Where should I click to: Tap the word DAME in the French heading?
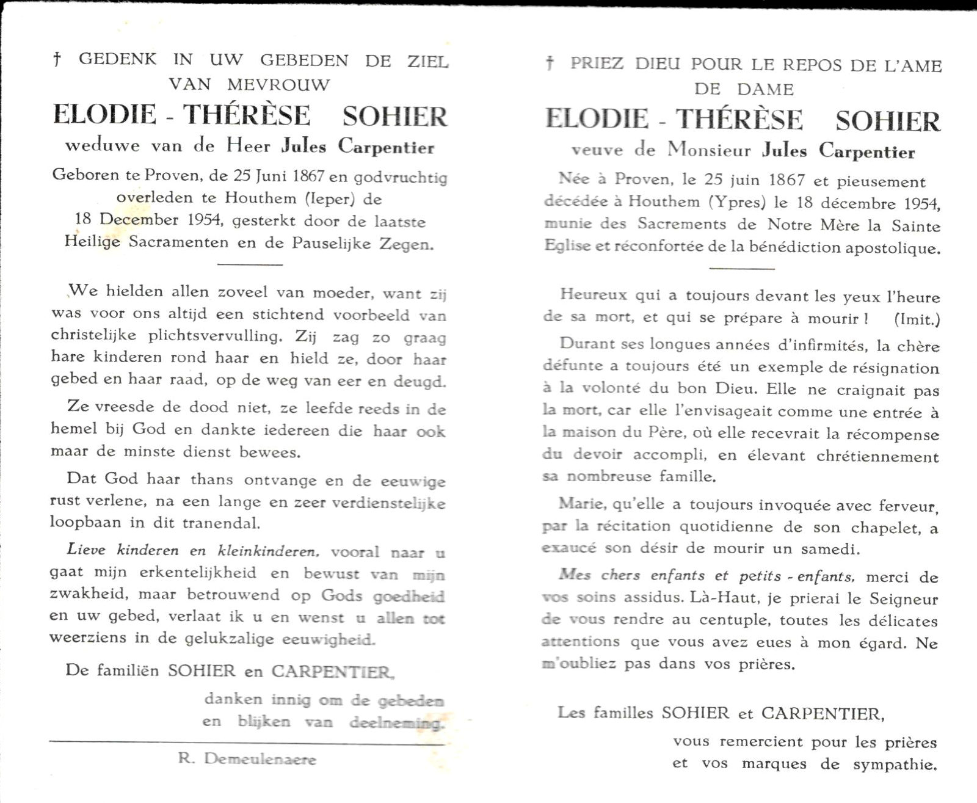[x=765, y=89]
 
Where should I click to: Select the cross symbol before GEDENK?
[x=57, y=60]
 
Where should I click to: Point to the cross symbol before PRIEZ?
[x=550, y=63]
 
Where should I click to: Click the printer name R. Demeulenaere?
[x=247, y=759]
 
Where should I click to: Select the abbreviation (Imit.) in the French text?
[x=917, y=319]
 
